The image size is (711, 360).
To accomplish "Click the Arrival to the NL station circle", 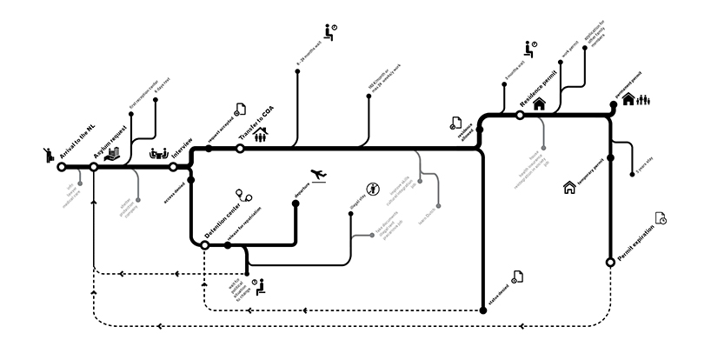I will (x=61, y=166).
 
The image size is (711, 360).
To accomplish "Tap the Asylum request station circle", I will (x=94, y=166).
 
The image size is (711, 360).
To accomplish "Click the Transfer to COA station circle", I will (x=241, y=149).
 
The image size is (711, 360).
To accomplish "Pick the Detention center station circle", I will (x=205, y=245).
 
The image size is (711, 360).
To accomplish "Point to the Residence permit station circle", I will (x=520, y=115).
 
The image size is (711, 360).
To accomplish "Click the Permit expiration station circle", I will (x=610, y=261).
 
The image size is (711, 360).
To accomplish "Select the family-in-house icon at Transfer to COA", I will (x=260, y=132).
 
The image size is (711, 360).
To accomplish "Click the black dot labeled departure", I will (x=296, y=203).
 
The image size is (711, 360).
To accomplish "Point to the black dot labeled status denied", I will (x=482, y=309).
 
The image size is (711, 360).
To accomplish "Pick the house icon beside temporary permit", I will (x=570, y=186).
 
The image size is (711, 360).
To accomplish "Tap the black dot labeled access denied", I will (x=190, y=180).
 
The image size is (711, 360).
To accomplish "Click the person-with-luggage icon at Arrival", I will (x=48, y=155).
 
